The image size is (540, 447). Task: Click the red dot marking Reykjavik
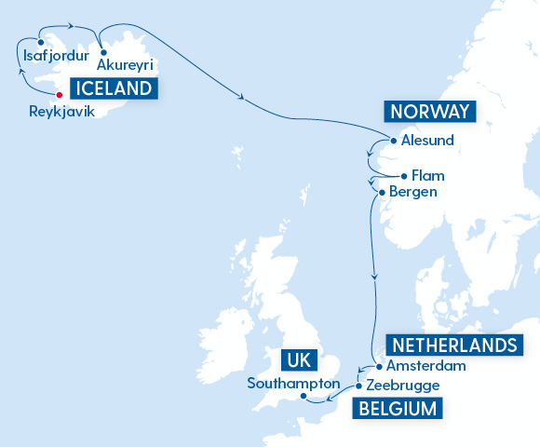click(61, 93)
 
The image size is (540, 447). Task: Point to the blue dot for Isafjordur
click(40, 42)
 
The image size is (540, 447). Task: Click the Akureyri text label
click(125, 65)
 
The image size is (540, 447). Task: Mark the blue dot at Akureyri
click(102, 52)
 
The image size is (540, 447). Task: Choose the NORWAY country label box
click(430, 113)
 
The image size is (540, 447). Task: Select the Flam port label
click(429, 175)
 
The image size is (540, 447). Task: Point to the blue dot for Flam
click(403, 175)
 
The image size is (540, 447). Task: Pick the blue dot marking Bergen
click(381, 193)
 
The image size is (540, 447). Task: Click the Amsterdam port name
click(425, 366)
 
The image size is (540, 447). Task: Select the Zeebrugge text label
click(402, 385)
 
